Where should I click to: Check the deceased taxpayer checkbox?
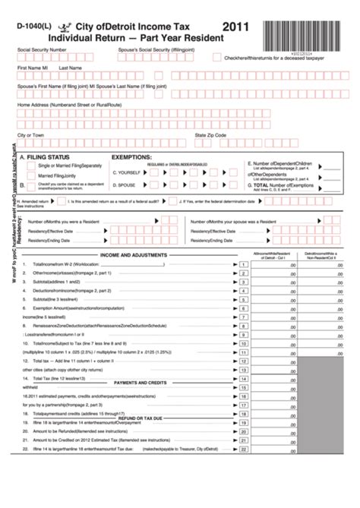[x=217, y=58]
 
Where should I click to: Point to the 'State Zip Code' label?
[x=210, y=134]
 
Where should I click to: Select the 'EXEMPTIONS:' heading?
[x=137, y=156]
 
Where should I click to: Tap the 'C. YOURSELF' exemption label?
[x=125, y=172]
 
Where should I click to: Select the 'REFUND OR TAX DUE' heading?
[x=141, y=439]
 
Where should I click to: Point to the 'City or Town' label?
[x=31, y=134]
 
